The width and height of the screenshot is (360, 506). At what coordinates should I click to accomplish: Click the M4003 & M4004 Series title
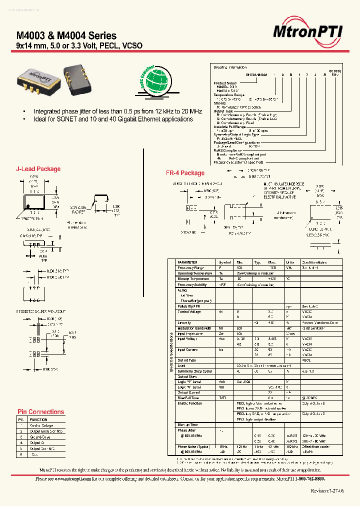[66, 35]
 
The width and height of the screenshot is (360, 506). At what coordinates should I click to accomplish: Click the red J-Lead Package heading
[38, 169]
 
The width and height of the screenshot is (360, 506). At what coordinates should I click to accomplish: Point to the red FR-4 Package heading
[185, 173]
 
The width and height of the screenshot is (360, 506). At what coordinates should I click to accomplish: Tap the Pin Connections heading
[40, 412]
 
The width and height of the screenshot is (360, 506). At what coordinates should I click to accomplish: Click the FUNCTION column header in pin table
[38, 419]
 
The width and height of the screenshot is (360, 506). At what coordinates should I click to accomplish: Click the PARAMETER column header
[187, 262]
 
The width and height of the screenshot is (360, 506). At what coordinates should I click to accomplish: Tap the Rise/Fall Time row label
[188, 398]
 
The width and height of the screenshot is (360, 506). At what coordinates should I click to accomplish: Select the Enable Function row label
[190, 403]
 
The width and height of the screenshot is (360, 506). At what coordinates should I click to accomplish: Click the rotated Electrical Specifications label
[171, 354]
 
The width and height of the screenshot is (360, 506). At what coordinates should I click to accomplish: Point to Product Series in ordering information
[224, 83]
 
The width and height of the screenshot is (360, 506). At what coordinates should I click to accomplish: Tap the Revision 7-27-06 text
[327, 491]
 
